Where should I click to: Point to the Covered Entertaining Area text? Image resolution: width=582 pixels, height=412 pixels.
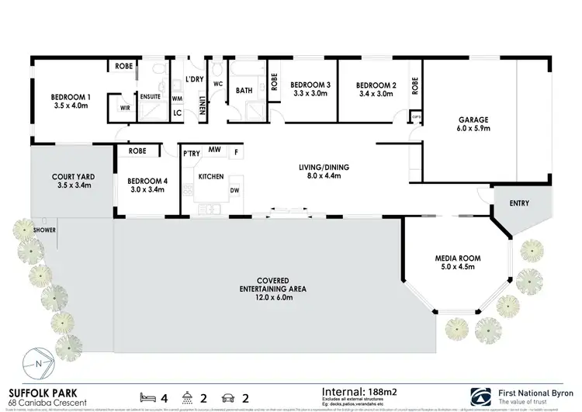coord(272,284)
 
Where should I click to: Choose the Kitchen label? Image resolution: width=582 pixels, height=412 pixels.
coord(211,177)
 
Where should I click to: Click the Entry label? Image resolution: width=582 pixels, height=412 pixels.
coord(519,203)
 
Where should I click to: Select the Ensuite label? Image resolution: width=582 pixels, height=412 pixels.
coord(150,96)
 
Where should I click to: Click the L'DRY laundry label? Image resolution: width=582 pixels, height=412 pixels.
coord(194,80)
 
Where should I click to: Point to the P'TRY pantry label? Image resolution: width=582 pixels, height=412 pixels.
coord(191,154)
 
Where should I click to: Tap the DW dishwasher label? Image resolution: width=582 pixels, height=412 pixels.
coord(234,190)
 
